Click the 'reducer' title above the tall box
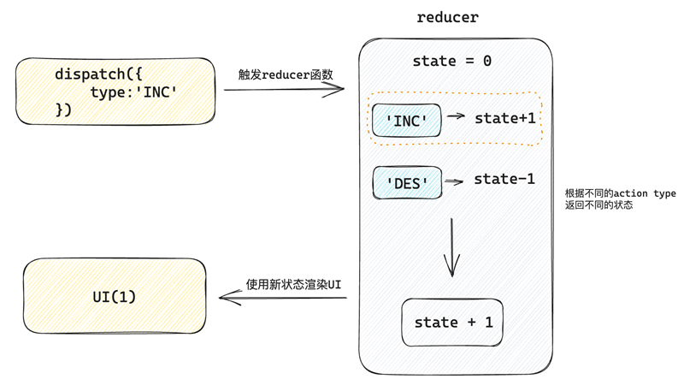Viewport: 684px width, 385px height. pos(448,17)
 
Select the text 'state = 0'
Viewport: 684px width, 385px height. pos(451,62)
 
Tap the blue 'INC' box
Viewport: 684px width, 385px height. pos(407,121)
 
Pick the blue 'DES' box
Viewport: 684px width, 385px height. pos(407,183)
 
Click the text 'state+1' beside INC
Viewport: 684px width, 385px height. pos(504,118)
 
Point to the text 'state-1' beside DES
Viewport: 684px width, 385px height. pos(504,179)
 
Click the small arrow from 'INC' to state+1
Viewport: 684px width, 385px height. pos(457,116)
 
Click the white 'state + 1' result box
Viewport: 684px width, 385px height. pos(452,323)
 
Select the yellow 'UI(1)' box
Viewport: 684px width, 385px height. pos(115,296)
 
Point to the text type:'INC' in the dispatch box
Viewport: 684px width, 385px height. pos(133,92)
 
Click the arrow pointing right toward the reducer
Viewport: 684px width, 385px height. pos(284,89)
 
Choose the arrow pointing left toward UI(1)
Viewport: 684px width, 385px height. pos(282,298)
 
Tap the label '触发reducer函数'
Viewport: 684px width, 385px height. pos(286,74)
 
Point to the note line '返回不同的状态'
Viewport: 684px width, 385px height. pos(598,205)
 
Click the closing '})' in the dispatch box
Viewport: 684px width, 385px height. pos(64,110)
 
